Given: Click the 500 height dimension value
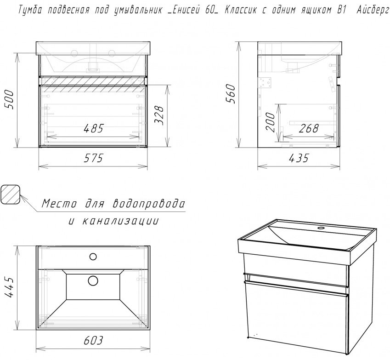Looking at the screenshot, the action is coord(9,100).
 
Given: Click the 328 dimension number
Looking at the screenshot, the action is coord(159,115).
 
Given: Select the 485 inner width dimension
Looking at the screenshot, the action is coord(93,128).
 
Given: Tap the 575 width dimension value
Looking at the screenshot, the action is coord(93,158).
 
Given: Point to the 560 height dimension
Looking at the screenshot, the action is coord(231,94).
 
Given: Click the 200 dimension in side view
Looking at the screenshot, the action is coord(271,122).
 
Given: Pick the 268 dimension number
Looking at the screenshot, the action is coord(309,128).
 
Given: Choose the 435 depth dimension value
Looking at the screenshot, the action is coord(299,158).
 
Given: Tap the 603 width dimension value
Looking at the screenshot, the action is coord(93,341).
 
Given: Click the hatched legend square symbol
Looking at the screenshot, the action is coord(10,194).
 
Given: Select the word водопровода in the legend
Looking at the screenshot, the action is coord(149,204).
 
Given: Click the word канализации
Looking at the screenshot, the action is coord(120,221).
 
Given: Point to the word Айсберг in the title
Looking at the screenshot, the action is coord(373,11).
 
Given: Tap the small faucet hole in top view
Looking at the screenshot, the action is coord(93,257).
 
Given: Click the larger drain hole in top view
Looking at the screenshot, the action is coord(93,280).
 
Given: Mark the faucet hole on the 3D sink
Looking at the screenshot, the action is coord(321,228).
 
